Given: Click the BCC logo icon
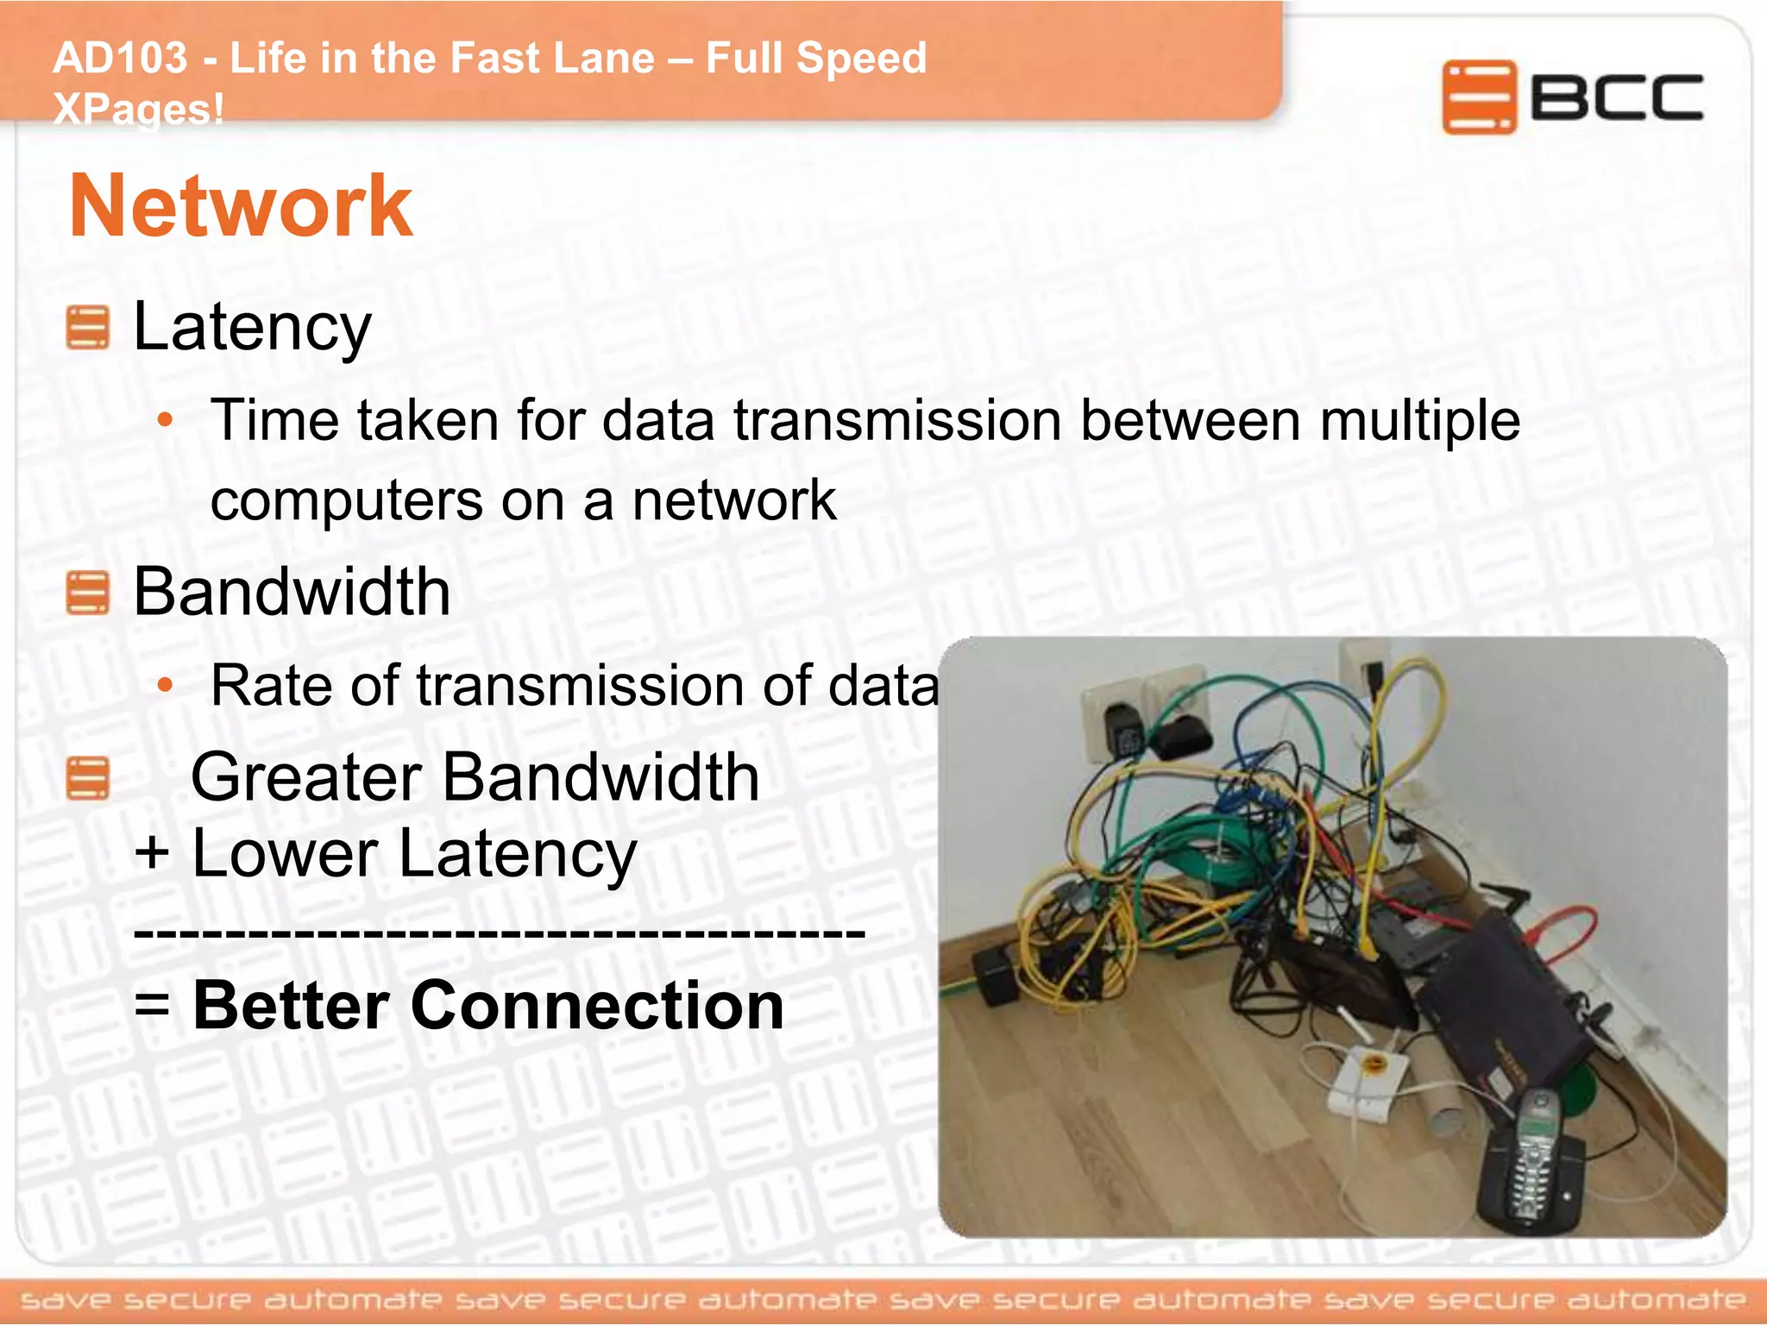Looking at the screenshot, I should (1478, 97).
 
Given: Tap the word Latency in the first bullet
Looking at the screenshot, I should (252, 327).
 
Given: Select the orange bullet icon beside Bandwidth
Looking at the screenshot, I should (87, 593).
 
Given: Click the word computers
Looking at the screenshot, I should (346, 500).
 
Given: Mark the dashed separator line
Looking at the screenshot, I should (500, 932).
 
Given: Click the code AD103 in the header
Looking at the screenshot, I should (120, 59).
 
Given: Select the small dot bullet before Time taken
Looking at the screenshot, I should (165, 421).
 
